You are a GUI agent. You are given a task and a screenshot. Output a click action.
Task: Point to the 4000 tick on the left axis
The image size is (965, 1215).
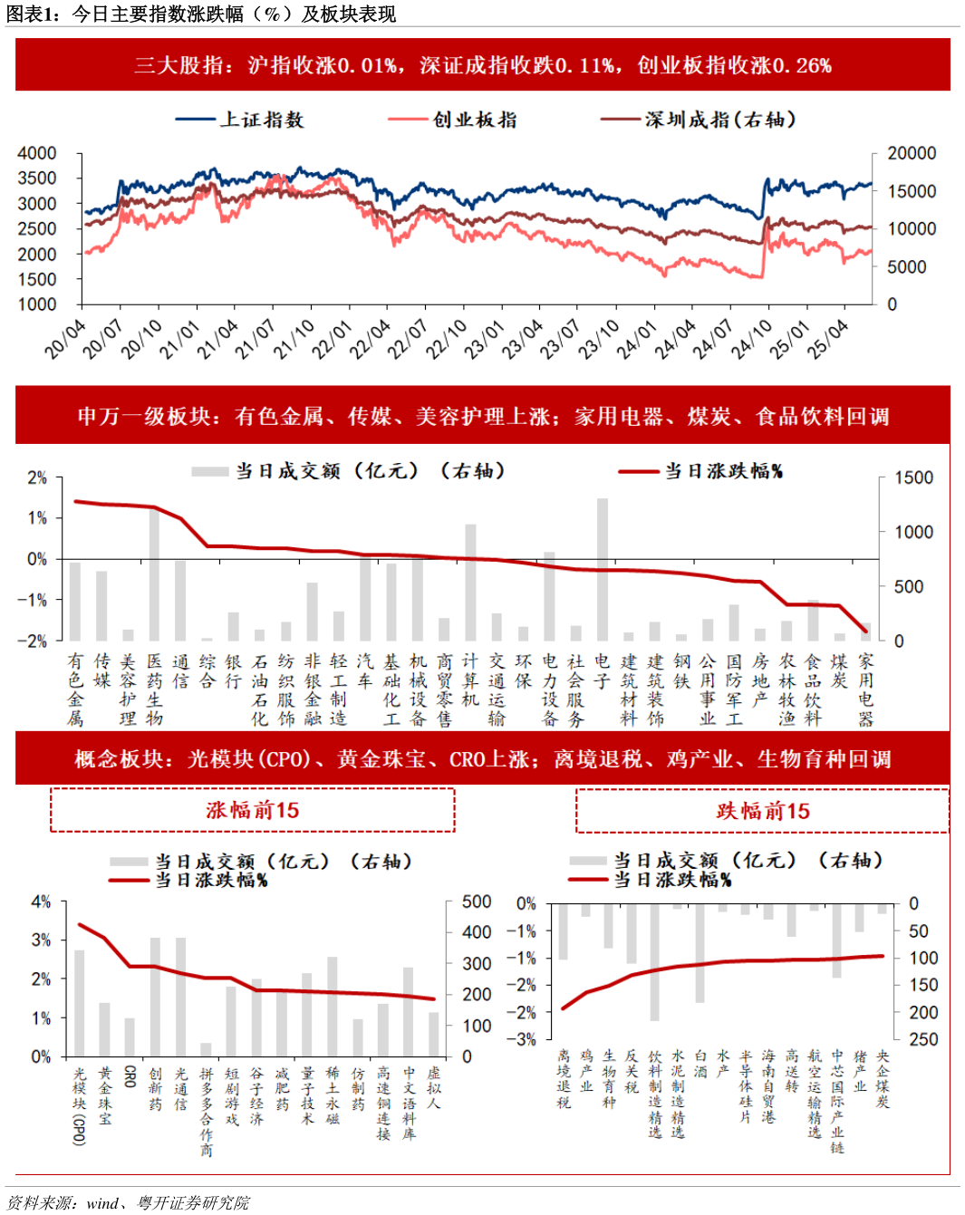tap(37, 153)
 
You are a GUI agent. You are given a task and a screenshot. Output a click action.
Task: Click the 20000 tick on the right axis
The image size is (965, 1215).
tap(911, 153)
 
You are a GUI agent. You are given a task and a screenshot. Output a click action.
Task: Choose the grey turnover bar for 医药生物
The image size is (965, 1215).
tap(154, 574)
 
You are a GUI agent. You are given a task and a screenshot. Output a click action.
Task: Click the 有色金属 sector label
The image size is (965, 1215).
tap(75, 689)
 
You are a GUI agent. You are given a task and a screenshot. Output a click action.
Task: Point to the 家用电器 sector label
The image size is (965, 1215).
tap(865, 689)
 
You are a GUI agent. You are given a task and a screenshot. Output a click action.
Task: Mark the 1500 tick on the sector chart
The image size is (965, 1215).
tap(913, 477)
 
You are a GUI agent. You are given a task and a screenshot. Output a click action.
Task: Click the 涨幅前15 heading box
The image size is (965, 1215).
tap(252, 810)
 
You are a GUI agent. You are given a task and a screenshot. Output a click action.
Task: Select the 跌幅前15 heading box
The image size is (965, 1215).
tap(762, 811)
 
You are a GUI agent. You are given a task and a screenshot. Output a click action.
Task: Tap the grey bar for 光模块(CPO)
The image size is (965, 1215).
tap(80, 1003)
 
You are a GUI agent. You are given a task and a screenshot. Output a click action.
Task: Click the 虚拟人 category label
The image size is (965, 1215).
tap(434, 1088)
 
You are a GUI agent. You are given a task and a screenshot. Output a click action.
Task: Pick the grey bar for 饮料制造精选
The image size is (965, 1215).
tap(654, 962)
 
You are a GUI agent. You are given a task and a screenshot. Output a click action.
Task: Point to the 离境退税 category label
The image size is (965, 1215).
tap(564, 1079)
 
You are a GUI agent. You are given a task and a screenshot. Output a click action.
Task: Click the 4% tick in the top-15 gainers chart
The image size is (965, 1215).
tap(41, 902)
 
